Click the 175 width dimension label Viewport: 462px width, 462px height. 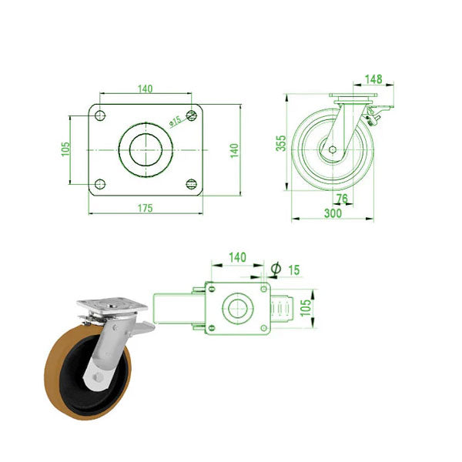144,208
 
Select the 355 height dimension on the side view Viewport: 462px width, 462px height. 281,142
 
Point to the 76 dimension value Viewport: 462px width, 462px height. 343,199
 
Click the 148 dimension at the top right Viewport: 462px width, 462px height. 373,79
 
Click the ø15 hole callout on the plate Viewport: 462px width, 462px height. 175,121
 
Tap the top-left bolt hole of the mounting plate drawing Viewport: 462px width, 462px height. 99,115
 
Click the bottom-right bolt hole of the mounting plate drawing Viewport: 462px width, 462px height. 191,183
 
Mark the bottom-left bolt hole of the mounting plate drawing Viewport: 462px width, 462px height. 99,183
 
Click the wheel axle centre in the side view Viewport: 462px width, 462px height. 332,149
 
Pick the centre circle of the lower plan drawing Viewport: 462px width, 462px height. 236,310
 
